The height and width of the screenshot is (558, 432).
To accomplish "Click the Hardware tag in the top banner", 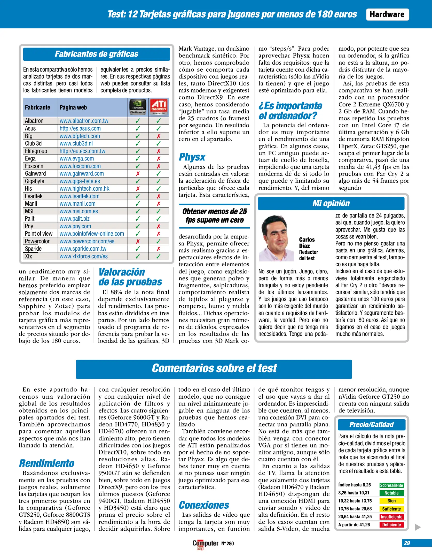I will click(x=387, y=14).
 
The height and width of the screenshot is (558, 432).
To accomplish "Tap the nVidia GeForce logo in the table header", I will click(x=138, y=107).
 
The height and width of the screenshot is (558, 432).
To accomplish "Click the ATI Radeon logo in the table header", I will click(x=159, y=107).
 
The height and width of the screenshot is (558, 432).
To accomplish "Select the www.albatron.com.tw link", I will click(x=84, y=121).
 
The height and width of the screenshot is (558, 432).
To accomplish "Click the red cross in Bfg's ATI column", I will click(x=159, y=136).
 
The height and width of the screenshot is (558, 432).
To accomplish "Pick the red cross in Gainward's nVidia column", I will click(x=138, y=174).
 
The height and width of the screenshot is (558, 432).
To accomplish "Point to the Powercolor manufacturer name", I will click(x=37, y=241).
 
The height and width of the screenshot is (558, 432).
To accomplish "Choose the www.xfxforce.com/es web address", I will click(x=83, y=256).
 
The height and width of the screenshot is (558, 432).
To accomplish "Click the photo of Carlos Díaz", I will click(x=277, y=238).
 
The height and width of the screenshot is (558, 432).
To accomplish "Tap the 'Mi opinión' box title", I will click(x=331, y=203).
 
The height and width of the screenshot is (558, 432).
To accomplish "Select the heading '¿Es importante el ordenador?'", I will click(x=290, y=111).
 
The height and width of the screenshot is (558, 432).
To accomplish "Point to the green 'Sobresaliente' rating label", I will click(x=391, y=485).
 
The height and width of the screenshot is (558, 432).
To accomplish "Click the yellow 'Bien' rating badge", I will click(x=391, y=501).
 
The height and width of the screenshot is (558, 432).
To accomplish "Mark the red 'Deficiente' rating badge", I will click(x=391, y=525).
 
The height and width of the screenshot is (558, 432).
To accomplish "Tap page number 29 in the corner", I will click(x=407, y=543).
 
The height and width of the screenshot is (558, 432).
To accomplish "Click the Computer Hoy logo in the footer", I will click(x=205, y=544).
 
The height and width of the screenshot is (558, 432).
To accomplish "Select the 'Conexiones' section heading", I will click(x=204, y=505).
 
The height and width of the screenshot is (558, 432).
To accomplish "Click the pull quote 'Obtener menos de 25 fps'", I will click(x=214, y=216).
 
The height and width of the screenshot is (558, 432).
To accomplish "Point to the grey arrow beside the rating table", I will click(x=418, y=527).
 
